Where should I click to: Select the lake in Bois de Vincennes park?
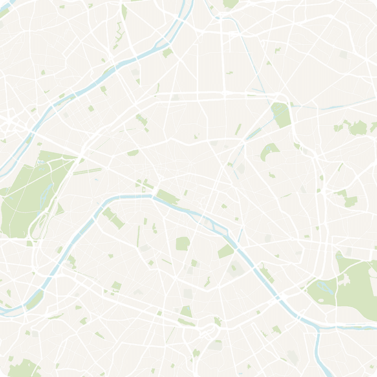coord(323,286)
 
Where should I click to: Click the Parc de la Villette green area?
coord(281,114)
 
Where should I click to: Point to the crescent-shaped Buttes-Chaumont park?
coord(269,151)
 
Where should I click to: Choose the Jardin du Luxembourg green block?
coord(182,243)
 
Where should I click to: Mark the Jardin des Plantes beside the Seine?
coord(226,251)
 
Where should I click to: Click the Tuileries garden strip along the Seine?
coord(167,196)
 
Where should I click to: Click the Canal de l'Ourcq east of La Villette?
coord(323,108)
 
